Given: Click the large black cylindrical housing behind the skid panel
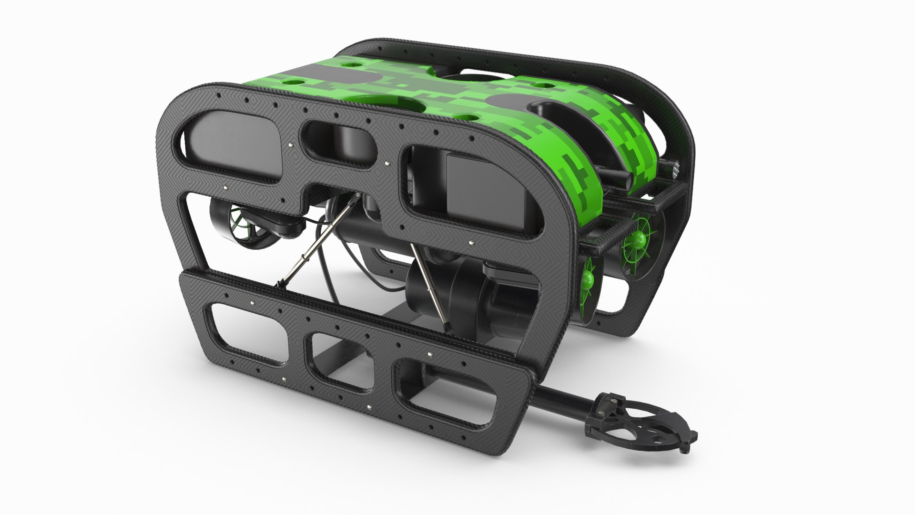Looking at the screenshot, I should pos(457,296).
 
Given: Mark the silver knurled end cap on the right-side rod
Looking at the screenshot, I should pos(676,167).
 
